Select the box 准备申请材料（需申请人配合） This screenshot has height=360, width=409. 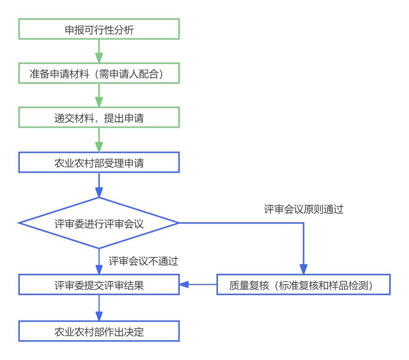99,74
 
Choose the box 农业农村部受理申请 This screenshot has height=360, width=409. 99,162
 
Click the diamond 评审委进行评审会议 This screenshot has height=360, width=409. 99,223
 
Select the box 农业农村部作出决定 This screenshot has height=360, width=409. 99,331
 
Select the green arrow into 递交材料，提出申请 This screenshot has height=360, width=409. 99,96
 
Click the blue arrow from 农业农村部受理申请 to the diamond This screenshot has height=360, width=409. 99,185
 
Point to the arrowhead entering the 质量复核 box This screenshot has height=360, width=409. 304,270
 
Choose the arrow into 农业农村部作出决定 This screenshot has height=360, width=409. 99,308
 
